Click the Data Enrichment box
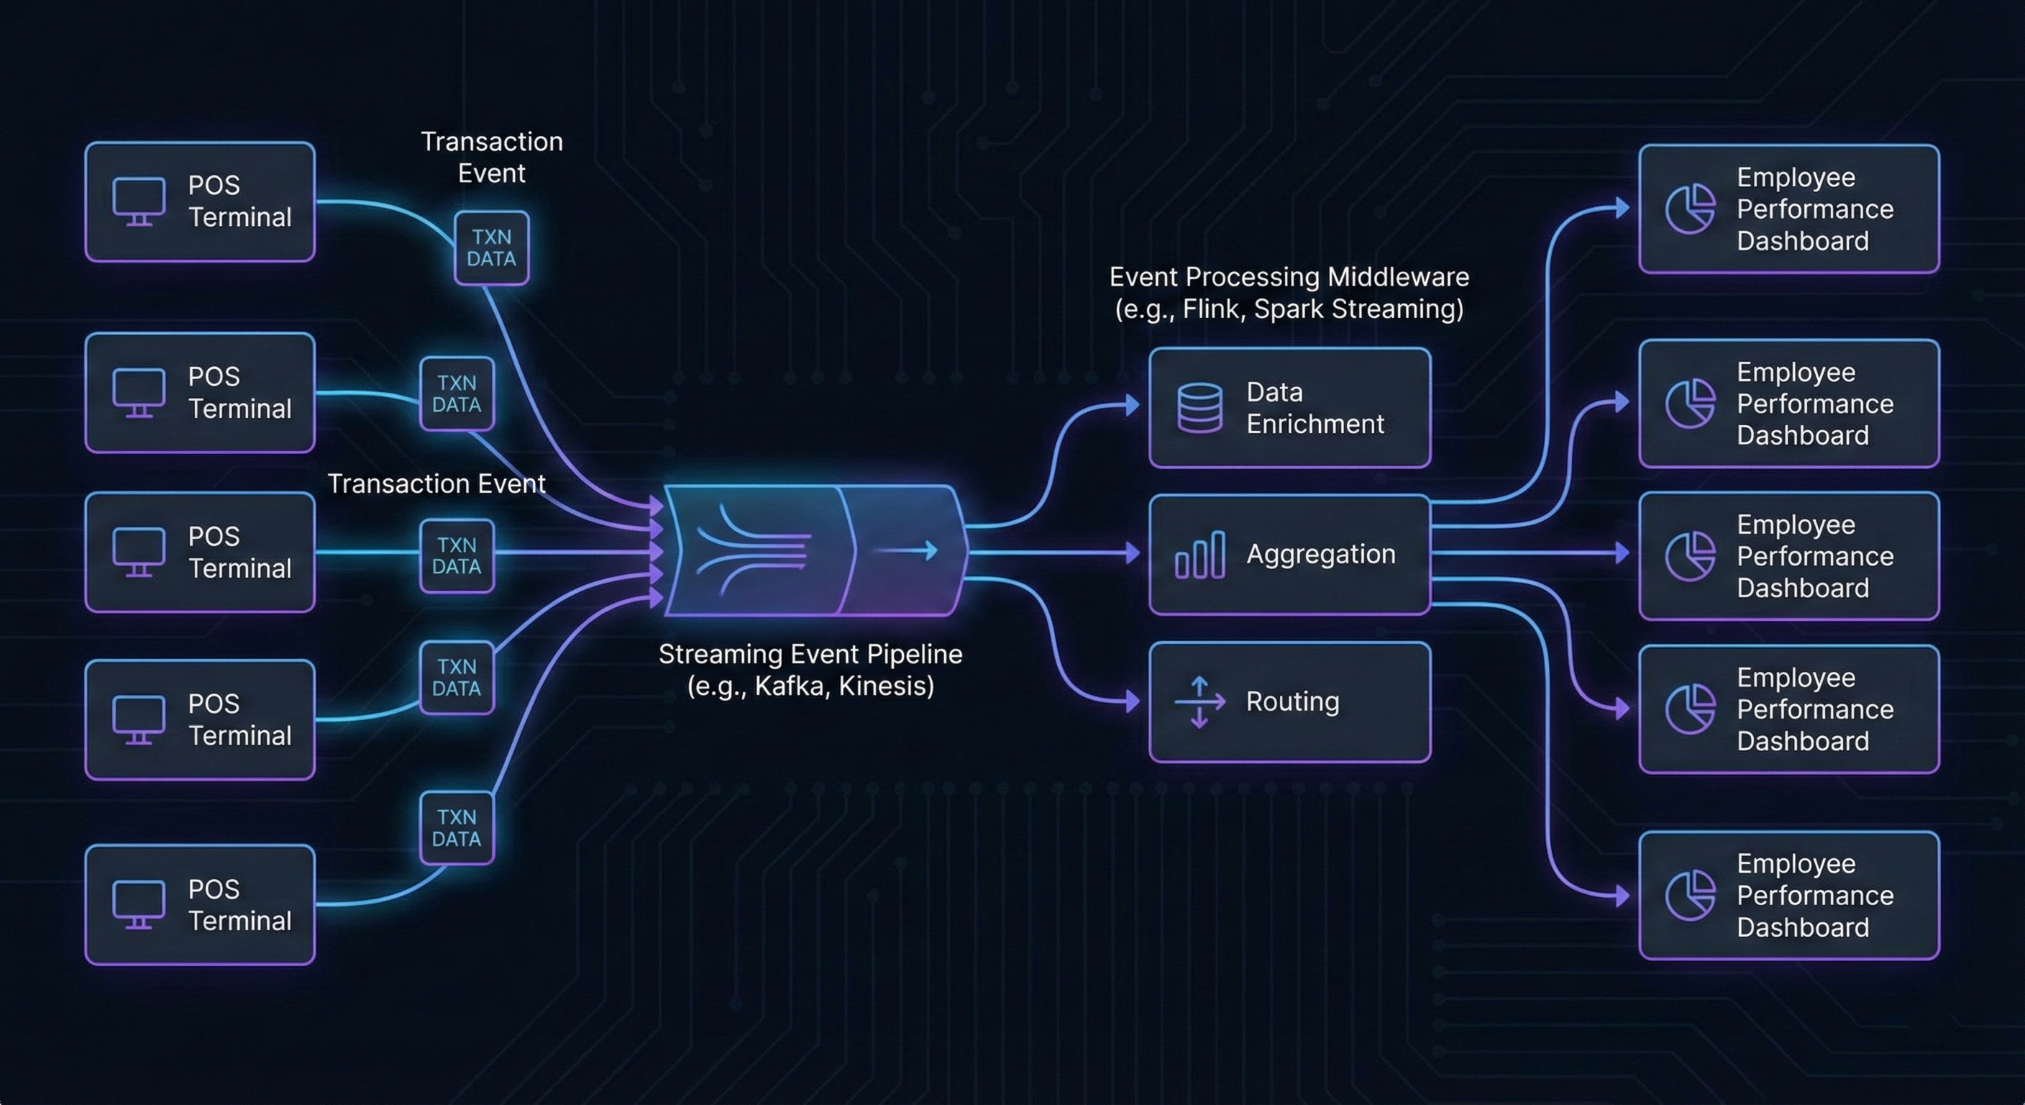1289,407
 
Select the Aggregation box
1289,554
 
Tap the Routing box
1289,701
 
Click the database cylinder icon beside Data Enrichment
1199,408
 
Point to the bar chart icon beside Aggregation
1199,555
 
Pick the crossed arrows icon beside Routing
1199,701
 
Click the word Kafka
787,686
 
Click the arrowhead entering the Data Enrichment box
1133,405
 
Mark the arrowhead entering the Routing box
1133,701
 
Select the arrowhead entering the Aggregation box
1133,554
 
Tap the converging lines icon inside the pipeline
753,550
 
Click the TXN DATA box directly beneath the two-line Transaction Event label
491,247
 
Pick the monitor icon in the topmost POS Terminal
139,201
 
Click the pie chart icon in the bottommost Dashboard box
1690,895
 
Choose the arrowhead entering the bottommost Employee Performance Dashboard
1622,895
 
